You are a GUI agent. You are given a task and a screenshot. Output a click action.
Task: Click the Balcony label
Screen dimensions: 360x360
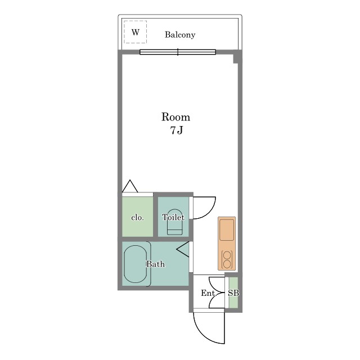[180, 35]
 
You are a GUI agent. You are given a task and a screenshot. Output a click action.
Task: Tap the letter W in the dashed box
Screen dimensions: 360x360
[136, 32]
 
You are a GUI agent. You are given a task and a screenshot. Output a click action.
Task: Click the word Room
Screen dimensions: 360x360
[175, 117]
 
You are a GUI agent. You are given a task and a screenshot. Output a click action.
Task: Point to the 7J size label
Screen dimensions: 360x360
[176, 130]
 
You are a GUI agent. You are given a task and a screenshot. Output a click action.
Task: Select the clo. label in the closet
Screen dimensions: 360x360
[137, 217]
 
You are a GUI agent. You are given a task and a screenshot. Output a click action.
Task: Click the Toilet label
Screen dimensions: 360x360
[173, 217]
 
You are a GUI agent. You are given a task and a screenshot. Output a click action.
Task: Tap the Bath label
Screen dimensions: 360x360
[156, 264]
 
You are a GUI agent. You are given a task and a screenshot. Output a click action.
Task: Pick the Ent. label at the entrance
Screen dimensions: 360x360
[209, 293]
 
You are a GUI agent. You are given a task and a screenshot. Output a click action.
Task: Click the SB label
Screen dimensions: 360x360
[233, 293]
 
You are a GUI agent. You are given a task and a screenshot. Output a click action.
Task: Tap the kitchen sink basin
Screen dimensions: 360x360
[227, 230]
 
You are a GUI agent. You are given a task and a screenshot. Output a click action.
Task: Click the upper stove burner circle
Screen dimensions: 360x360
[227, 255]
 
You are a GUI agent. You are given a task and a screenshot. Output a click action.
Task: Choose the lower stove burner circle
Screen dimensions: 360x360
[227, 264]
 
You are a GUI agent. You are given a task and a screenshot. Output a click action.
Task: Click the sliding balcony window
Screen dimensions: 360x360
[178, 52]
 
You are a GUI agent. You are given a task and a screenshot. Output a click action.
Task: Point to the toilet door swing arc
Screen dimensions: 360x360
[210, 213]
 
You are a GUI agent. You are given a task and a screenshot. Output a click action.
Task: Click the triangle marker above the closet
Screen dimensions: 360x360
[130, 186]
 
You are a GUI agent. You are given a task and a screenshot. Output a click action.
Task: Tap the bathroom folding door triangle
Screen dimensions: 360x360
[183, 249]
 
